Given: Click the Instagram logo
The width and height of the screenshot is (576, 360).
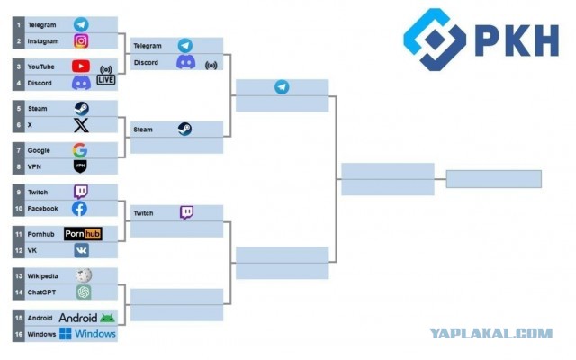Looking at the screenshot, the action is pos(81,41).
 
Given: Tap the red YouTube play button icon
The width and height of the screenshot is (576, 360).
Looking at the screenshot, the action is pos(81,67).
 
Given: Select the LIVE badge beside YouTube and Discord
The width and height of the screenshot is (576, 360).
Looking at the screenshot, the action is pos(106,80).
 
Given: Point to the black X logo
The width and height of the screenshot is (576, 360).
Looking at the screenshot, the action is pos(81,125).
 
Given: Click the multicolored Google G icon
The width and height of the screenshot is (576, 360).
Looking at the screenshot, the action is pos(80,150).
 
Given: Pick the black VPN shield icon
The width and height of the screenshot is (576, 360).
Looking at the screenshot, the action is pos(80,166).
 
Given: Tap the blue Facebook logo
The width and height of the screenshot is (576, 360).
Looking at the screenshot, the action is pos(79,209).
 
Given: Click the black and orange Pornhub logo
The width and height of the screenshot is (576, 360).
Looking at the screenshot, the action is pos(83,234).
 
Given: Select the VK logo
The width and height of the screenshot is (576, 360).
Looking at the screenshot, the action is pos(82,250).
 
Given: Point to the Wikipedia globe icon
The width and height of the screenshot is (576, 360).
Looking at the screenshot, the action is pos(84,275).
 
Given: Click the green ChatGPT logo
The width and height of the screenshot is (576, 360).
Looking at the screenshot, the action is pos(84,292).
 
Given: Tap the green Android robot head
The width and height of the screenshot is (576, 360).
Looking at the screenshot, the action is pos(107,318).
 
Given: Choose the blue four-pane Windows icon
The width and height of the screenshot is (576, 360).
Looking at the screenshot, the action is pos(66,334).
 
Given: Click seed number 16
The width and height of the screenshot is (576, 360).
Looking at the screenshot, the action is pos(19,334).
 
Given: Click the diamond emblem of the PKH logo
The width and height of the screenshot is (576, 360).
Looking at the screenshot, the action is pos(435,40).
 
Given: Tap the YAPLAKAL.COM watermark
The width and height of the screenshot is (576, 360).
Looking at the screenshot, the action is pos(491,334).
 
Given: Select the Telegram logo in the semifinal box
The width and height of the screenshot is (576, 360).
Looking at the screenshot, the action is pos(282,87).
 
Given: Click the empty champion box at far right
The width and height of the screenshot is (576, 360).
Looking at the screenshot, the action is pos(494,179).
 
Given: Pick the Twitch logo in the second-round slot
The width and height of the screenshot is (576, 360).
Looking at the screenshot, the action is pos(186,212).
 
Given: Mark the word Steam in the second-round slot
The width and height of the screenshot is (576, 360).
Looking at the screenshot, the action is pos(143,130).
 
